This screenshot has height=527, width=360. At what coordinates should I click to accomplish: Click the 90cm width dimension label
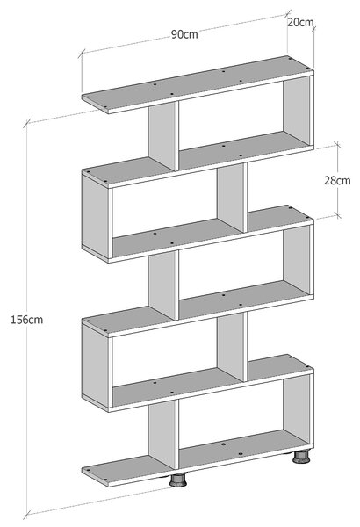coord(184,34)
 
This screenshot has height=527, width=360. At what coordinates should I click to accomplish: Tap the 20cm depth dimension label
coord(300,22)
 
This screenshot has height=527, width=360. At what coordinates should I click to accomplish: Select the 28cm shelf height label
coord(337,180)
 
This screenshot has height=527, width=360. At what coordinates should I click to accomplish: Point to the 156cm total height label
coord(27,320)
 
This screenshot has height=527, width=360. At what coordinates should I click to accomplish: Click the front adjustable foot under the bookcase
coord(178,480)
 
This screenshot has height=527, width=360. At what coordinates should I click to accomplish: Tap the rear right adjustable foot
coord(300,457)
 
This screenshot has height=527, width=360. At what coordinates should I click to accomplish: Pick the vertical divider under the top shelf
coord(163,135)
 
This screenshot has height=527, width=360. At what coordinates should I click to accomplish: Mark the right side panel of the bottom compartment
coord(298,409)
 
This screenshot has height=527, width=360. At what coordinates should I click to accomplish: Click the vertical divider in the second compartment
coord(233,198)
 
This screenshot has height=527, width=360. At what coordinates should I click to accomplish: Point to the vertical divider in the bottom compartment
coord(163,434)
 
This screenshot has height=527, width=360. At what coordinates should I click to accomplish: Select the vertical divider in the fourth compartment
coord(233,347)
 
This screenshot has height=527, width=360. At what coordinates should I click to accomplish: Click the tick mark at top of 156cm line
coord(27,123)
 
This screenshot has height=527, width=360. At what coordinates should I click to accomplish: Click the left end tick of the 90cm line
coord(82,54)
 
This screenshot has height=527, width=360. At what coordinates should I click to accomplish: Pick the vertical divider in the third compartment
coord(163,285)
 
